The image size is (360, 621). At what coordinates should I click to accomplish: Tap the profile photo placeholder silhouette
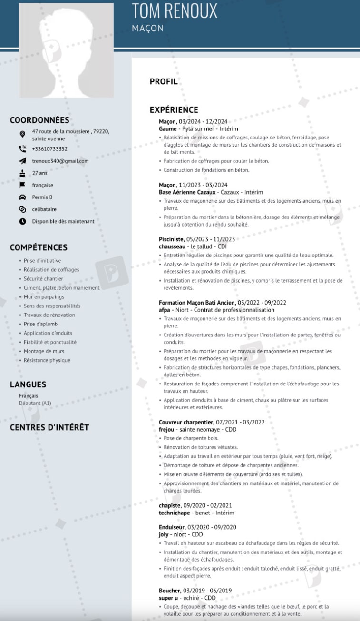tap(66, 50)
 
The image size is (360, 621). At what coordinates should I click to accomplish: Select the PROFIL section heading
tap(164, 81)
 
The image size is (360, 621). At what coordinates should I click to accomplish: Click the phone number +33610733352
tap(49, 149)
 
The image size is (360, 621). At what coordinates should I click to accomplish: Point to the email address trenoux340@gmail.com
tap(60, 161)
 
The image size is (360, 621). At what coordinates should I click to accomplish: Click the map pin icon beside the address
tap(22, 134)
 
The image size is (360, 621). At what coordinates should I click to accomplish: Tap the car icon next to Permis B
tap(22, 197)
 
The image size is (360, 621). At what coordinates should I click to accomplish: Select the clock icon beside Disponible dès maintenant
tap(22, 221)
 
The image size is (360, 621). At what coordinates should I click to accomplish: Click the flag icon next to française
tap(22, 185)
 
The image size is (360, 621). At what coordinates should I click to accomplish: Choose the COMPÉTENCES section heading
tap(39, 247)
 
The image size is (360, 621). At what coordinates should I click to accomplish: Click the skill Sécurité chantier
tap(43, 279)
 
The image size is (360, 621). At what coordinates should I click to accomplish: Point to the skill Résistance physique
tap(47, 360)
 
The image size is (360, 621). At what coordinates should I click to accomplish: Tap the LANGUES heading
tap(28, 384)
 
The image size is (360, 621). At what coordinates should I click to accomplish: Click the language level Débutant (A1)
tap(35, 403)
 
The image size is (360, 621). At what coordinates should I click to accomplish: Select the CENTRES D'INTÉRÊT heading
tap(49, 427)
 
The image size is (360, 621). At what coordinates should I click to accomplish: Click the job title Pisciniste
tap(172, 239)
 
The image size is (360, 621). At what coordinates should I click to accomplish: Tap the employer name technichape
tap(175, 513)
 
